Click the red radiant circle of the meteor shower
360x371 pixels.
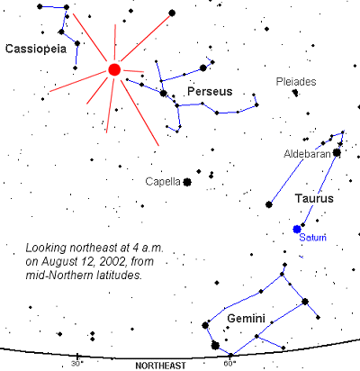point(114,69)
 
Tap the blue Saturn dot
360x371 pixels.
point(297,229)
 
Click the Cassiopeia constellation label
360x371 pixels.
point(36,49)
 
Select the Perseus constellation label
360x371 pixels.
point(210,91)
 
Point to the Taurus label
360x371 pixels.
point(314,198)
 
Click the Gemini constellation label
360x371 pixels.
point(246,318)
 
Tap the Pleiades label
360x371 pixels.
point(296,82)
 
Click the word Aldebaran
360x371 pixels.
point(307,154)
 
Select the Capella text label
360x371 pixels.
point(163,182)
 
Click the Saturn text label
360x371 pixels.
point(313,237)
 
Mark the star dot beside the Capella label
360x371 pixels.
point(187,182)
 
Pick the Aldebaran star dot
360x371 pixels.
point(337,153)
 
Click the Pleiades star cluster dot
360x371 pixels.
point(295,93)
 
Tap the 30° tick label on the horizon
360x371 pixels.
point(77,364)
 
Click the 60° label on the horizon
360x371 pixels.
point(229,364)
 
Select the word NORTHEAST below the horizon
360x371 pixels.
point(160,366)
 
